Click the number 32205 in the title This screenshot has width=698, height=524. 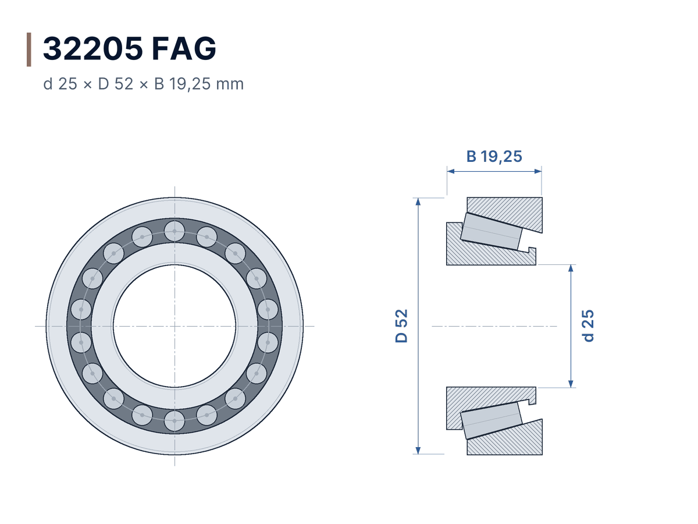(93, 48)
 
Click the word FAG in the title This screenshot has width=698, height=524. (184, 48)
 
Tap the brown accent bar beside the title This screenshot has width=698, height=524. (29, 49)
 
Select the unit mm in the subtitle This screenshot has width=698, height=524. (230, 84)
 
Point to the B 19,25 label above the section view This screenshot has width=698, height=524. (494, 156)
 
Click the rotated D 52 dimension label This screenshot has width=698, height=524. (401, 326)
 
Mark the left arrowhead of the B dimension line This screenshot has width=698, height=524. (451, 171)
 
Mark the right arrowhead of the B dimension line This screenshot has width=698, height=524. (537, 171)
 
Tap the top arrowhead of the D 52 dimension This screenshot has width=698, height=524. (418, 201)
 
